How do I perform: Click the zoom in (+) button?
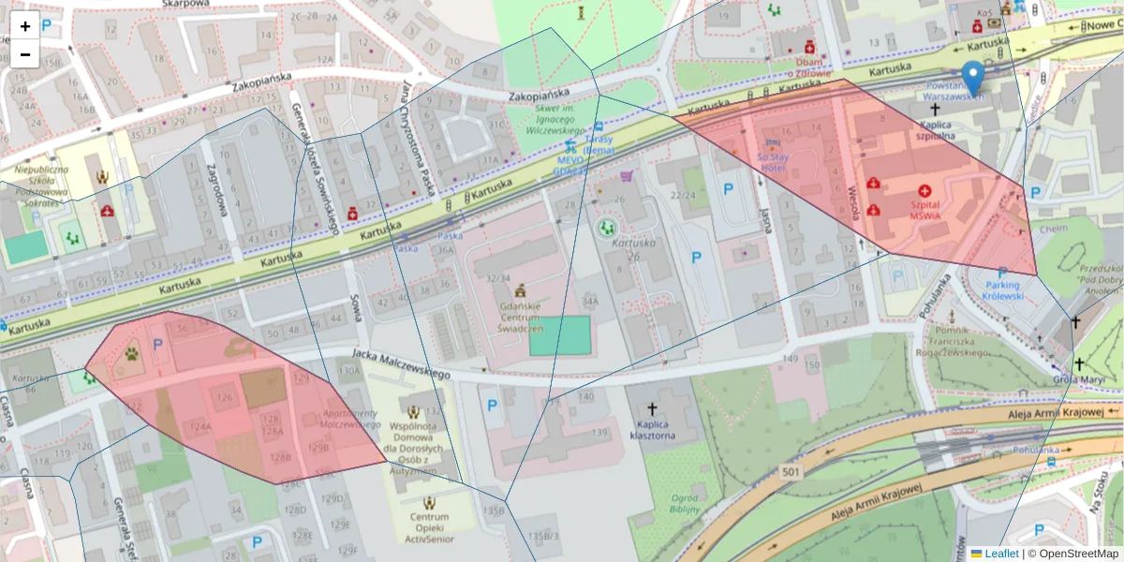(x=25, y=26)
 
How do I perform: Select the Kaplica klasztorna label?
(x=653, y=429)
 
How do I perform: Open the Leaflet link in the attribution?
(x=1001, y=554)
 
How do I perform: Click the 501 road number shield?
(x=791, y=471)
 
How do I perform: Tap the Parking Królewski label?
(x=1001, y=290)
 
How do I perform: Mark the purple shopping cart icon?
(x=626, y=176)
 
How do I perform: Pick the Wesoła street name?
(x=853, y=200)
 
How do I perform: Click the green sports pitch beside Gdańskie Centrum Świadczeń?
(x=560, y=335)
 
